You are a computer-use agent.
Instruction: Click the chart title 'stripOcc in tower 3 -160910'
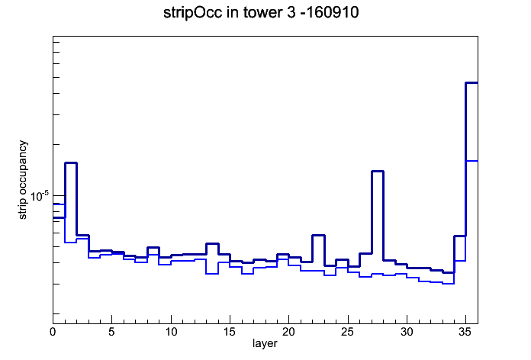pyautogui.click(x=261, y=13)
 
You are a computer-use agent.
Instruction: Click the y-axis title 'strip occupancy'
pyautogui.click(x=22, y=180)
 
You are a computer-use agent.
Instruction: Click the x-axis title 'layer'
pyautogui.click(x=265, y=343)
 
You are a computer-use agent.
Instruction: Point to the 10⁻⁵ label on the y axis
pyautogui.click(x=39, y=196)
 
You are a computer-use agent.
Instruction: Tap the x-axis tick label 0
pyautogui.click(x=53, y=332)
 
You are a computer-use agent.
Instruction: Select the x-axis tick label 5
pyautogui.click(x=111, y=332)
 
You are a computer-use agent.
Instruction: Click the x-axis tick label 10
pyautogui.click(x=171, y=332)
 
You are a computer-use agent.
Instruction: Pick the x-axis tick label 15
pyautogui.click(x=230, y=332)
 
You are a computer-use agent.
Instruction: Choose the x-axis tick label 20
pyautogui.click(x=289, y=332)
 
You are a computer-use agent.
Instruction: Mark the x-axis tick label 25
pyautogui.click(x=348, y=332)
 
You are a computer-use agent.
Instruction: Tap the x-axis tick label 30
pyautogui.click(x=407, y=332)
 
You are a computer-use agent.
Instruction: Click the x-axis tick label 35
pyautogui.click(x=465, y=332)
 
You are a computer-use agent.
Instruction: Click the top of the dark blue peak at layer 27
pyautogui.click(x=377, y=172)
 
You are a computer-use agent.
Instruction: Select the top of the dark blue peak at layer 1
pyautogui.click(x=71, y=163)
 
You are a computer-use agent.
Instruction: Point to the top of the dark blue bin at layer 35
pyautogui.click(x=471, y=82)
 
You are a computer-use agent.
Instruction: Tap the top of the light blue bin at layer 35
pyautogui.click(x=471, y=161)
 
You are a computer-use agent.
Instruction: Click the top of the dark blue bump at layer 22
pyautogui.click(x=318, y=235)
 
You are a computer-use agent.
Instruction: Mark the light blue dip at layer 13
pyautogui.click(x=212, y=274)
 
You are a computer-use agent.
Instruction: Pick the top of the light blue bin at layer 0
pyautogui.click(x=59, y=204)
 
